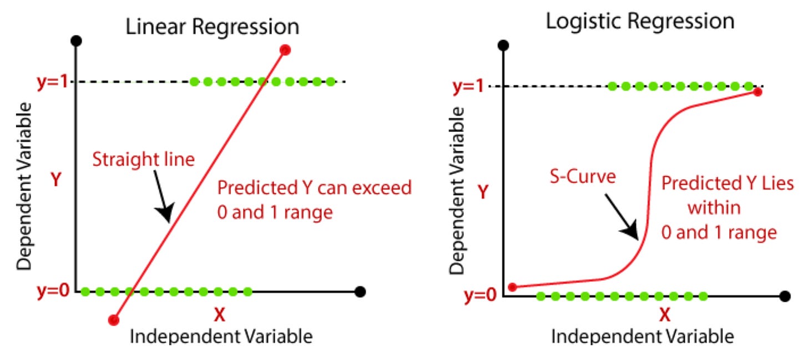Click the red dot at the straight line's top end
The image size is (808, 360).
pos(285,50)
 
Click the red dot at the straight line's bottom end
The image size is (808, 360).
pos(114,320)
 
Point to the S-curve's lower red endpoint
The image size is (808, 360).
pos(513,287)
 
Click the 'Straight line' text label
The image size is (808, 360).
pos(144,160)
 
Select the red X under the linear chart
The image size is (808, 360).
pos(220,315)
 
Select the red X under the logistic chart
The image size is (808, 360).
pos(665,315)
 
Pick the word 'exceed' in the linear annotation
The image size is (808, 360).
pos(383,188)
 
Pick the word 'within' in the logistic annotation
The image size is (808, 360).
pos(715,209)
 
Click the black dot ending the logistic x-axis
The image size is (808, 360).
pos(784,297)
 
